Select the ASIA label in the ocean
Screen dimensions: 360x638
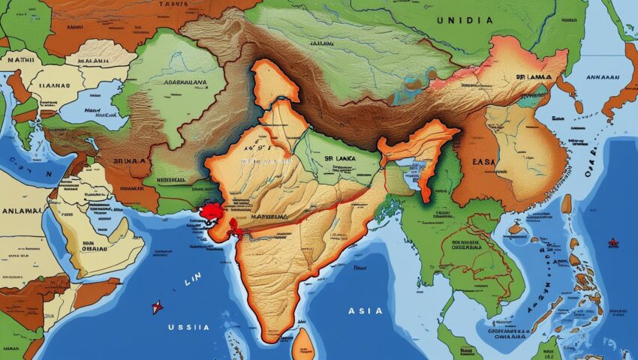tap(366, 310)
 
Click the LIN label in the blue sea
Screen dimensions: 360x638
tap(192, 283)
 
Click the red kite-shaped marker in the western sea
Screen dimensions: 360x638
tap(157, 307)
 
